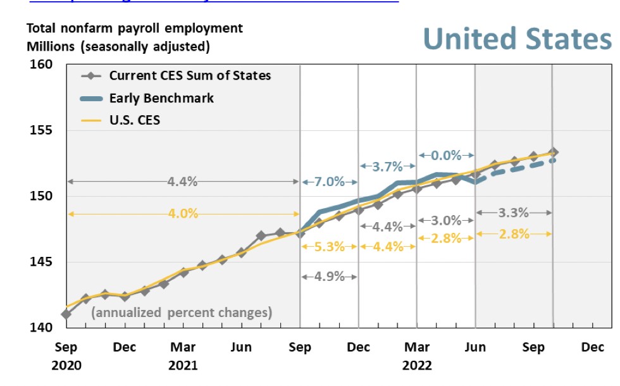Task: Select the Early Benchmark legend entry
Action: pos(161,98)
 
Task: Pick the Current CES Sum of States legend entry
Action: pos(190,76)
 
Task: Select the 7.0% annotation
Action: pos(329,182)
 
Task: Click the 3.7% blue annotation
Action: pos(387,167)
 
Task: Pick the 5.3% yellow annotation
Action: pos(329,247)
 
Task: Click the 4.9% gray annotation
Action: pos(329,276)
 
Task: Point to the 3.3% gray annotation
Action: pos(513,213)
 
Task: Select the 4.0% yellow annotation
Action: pos(183,214)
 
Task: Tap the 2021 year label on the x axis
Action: pos(183,365)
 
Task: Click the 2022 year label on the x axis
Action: pos(416,365)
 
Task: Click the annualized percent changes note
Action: pos(182,313)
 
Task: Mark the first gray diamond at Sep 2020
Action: pos(66,314)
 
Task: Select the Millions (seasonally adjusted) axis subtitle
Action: pos(118,46)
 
